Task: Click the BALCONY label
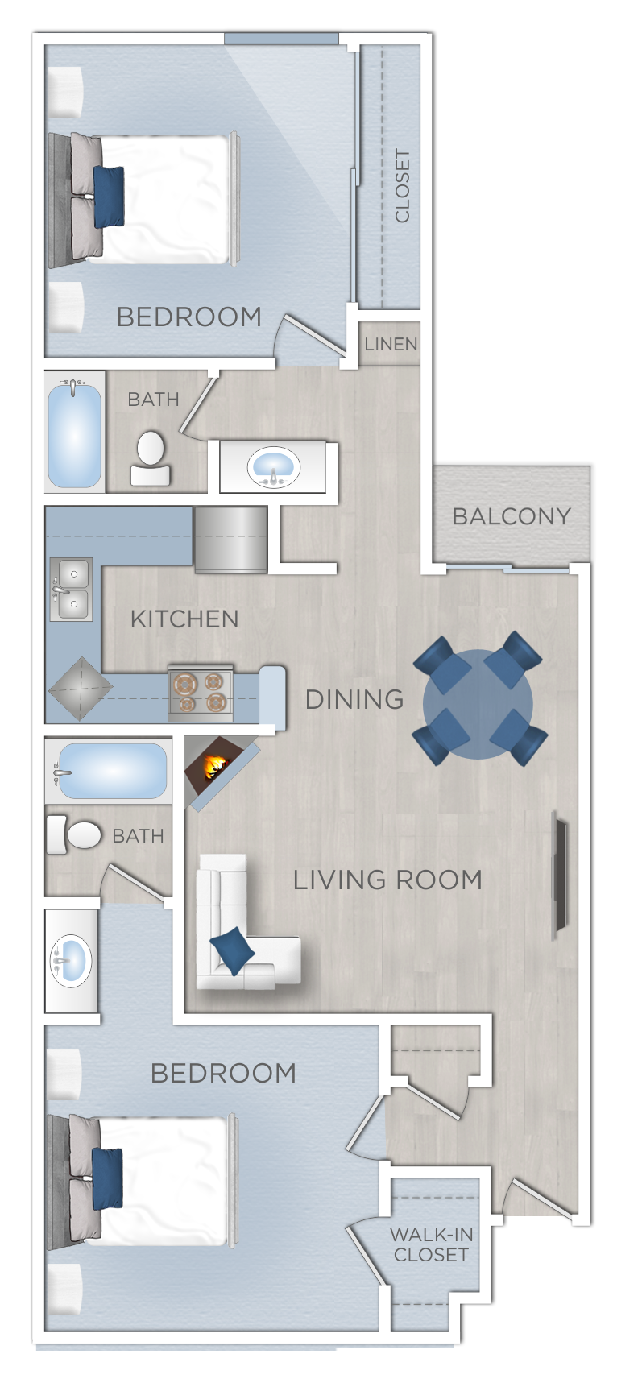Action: click(x=512, y=516)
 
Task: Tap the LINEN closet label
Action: click(x=391, y=345)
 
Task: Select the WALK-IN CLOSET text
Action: click(x=431, y=1244)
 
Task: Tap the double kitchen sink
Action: click(x=72, y=590)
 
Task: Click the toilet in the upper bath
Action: click(x=151, y=459)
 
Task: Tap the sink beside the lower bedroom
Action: click(x=71, y=960)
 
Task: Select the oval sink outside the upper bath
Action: click(x=273, y=467)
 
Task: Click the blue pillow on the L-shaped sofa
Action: click(x=233, y=949)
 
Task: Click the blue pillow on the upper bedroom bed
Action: click(x=109, y=197)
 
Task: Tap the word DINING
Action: click(x=354, y=699)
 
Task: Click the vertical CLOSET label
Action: click(x=402, y=185)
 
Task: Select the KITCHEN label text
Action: click(x=184, y=619)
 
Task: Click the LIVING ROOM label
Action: click(x=387, y=880)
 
